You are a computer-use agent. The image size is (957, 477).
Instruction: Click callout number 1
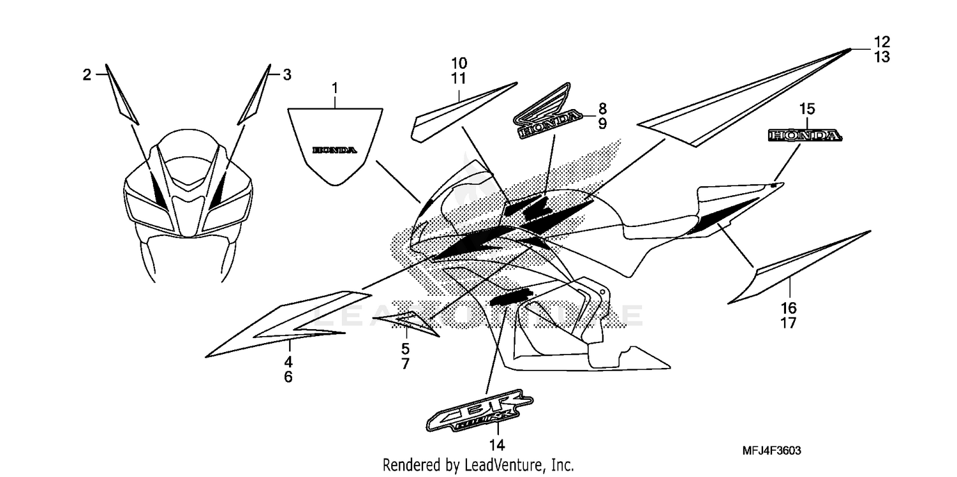[334, 86]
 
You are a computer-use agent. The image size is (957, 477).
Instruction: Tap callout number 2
[87, 75]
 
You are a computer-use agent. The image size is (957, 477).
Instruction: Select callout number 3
[287, 75]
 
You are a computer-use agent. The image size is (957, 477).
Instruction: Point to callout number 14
[498, 444]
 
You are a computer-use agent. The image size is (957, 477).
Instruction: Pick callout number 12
[882, 42]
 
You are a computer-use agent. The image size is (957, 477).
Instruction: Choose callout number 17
[789, 323]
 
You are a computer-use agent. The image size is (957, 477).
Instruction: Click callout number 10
[459, 63]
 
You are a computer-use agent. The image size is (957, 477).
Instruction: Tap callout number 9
[602, 124]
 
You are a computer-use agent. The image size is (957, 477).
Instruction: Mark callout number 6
[288, 377]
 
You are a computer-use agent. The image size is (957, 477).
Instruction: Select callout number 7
[406, 364]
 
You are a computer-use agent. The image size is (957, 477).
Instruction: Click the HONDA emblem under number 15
[804, 135]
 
